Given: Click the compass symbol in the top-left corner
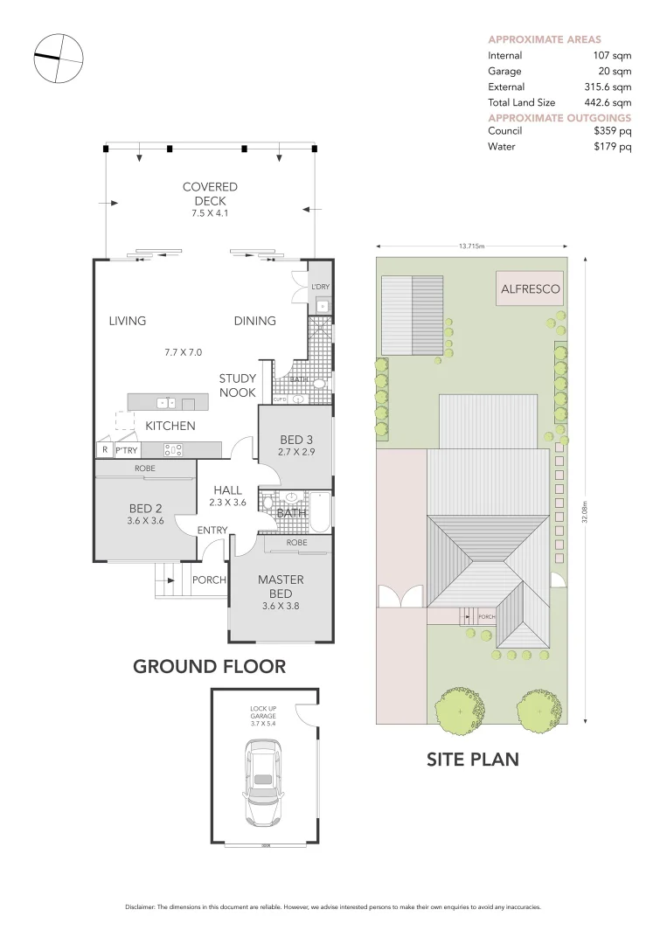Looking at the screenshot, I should [x=58, y=59].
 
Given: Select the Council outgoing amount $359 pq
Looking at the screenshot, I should [x=612, y=131].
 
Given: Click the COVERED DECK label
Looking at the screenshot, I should [x=210, y=194].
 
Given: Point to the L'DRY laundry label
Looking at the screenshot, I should [x=320, y=287].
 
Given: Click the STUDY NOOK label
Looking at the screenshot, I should [x=237, y=385].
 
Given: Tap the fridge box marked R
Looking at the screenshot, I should [x=104, y=450].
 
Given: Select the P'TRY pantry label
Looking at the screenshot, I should [x=127, y=450].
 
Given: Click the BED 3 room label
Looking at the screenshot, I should [x=296, y=439].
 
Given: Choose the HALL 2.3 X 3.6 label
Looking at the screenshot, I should [x=227, y=496].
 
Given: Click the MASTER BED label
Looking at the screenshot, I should [x=281, y=587].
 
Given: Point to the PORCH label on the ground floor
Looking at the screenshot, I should [x=209, y=580].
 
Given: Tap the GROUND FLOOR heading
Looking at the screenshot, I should [x=209, y=666].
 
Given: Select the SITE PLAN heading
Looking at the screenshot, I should [x=472, y=759].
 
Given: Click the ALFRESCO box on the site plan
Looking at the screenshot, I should [x=530, y=288].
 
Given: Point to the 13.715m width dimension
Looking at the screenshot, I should [x=472, y=246].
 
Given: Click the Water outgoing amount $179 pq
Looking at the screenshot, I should [x=612, y=147].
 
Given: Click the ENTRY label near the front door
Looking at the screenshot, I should [x=212, y=531].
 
